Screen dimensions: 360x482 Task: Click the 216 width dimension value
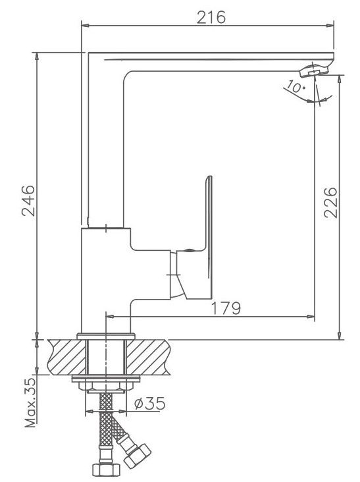click(x=211, y=17)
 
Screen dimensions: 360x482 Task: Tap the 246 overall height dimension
click(x=28, y=201)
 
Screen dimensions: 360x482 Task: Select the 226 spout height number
click(x=330, y=203)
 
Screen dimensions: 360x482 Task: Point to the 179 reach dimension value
click(x=226, y=308)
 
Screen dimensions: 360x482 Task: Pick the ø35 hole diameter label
click(x=150, y=403)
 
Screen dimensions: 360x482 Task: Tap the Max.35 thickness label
click(x=30, y=403)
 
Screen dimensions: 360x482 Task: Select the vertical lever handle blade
click(x=209, y=236)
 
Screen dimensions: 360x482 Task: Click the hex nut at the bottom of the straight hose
click(x=106, y=469)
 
